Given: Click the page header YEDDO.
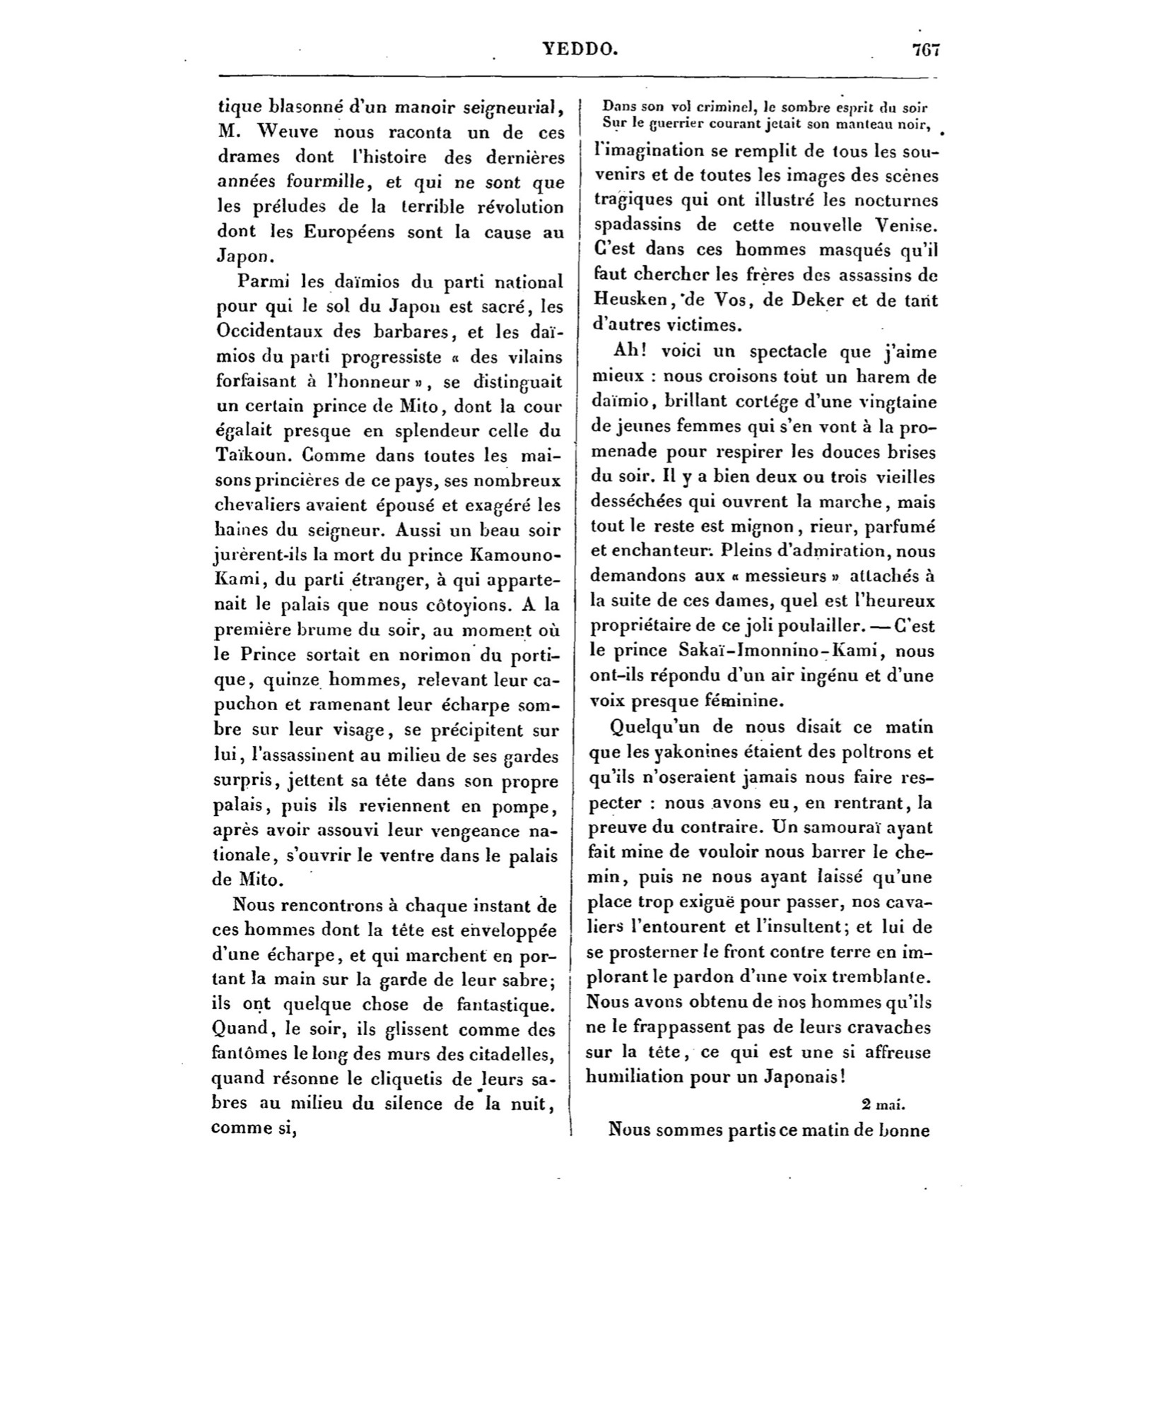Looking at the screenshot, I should click(x=580, y=49).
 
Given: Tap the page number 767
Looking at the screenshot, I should click(x=925, y=49).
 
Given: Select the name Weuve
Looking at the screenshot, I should click(x=287, y=132).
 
